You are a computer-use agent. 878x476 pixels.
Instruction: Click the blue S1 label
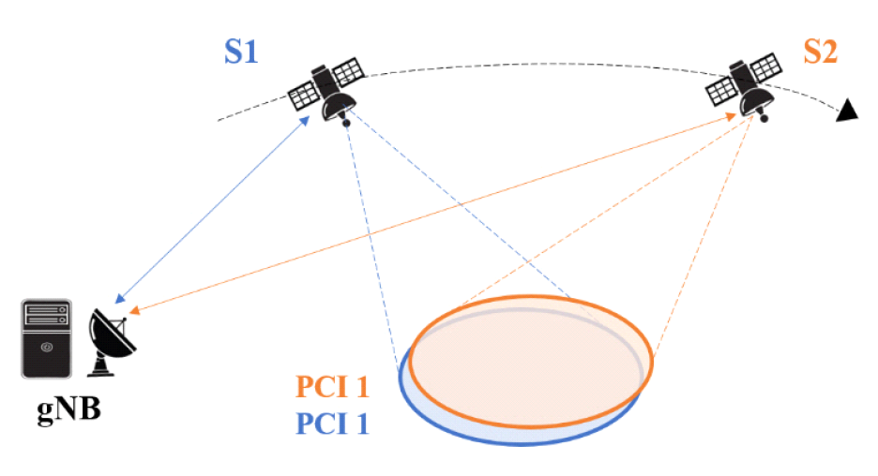(x=241, y=52)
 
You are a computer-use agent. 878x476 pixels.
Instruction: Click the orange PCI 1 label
(x=333, y=387)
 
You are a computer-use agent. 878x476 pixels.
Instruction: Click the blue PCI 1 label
(x=333, y=424)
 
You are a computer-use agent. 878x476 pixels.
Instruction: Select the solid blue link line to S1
(x=216, y=210)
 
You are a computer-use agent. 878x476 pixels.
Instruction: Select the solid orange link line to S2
(x=431, y=213)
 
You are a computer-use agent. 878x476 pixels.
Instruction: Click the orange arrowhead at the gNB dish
(x=134, y=310)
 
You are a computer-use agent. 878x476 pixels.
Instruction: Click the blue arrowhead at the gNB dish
(x=119, y=299)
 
